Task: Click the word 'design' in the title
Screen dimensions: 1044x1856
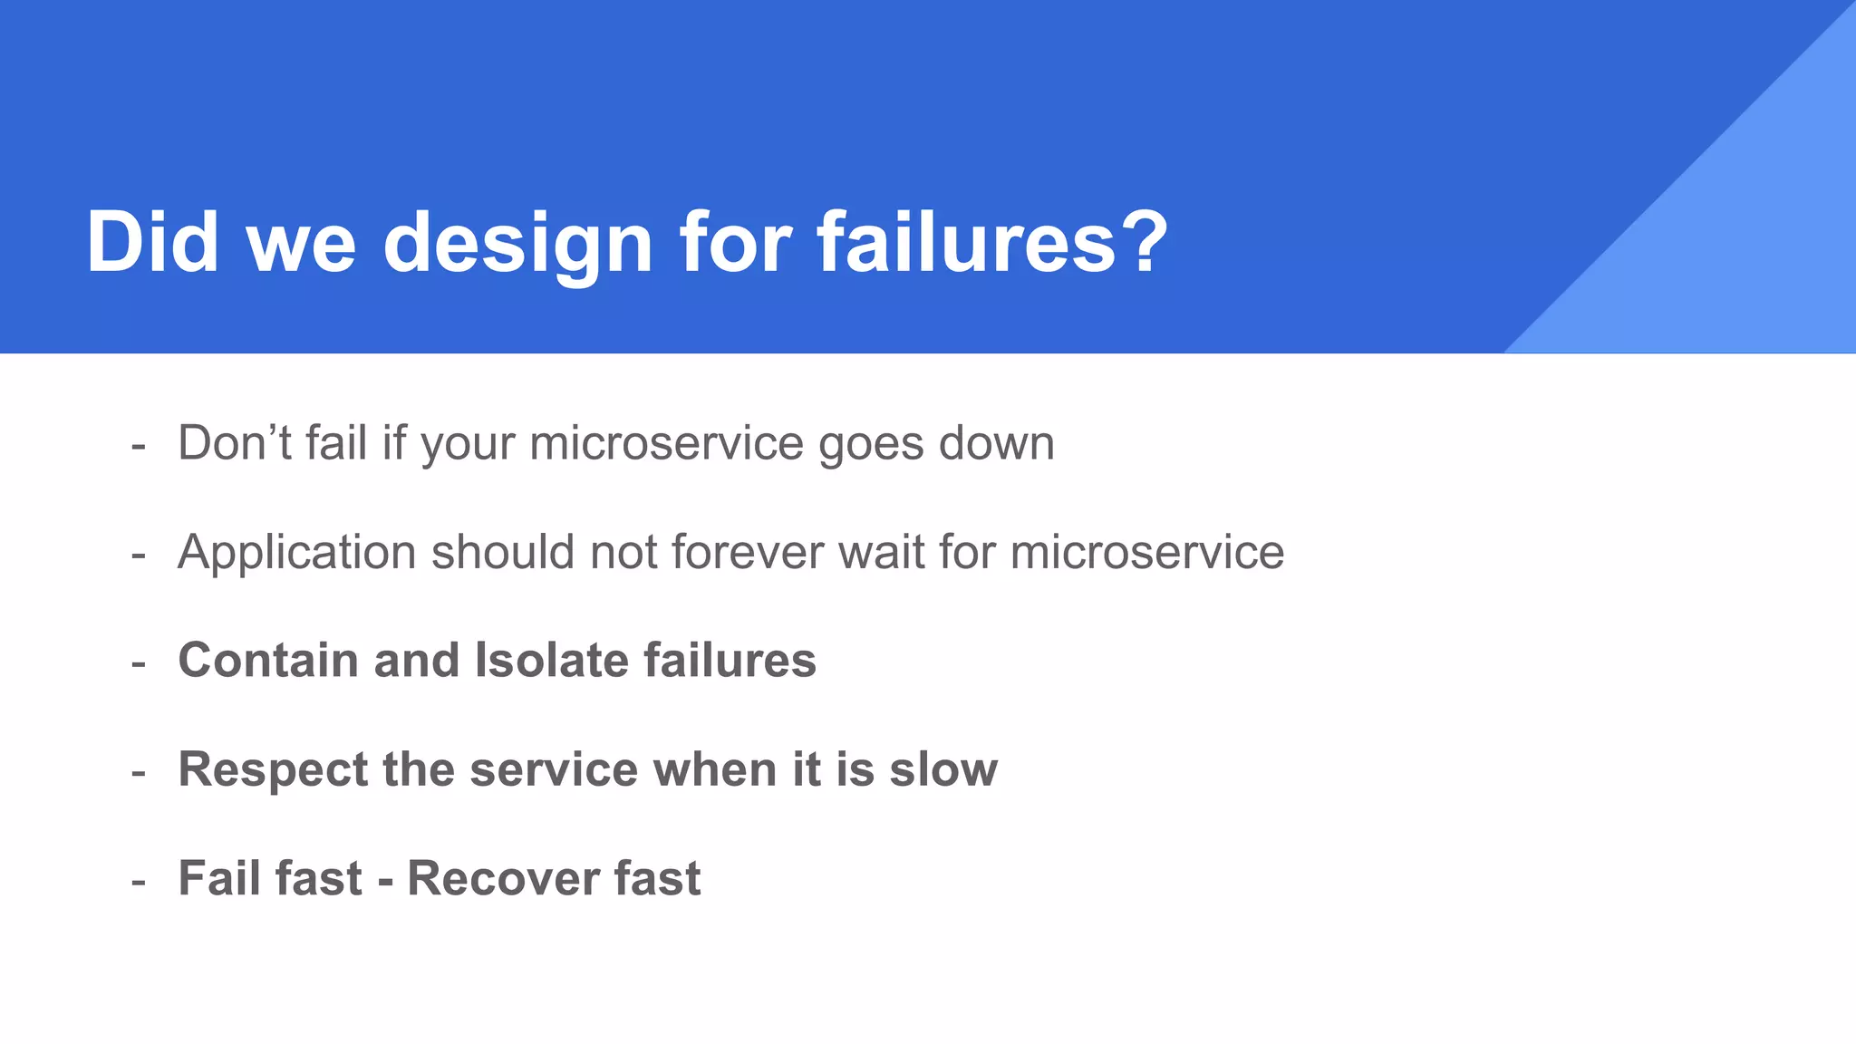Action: coord(517,243)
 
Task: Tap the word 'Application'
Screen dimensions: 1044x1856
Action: coord(296,553)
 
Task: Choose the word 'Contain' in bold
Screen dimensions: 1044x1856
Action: coord(268,660)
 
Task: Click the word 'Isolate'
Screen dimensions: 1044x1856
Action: coord(551,660)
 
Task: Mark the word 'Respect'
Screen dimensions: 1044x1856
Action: coord(273,770)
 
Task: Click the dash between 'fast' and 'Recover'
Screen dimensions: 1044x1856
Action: coord(385,881)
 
